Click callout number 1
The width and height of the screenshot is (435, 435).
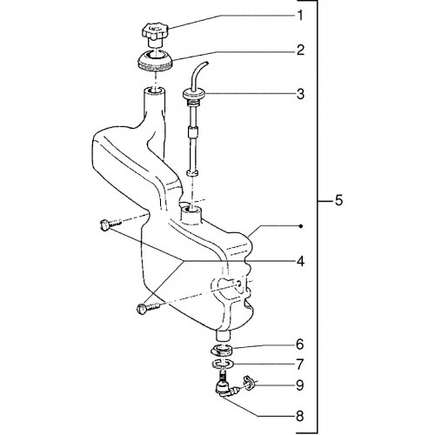[300, 16]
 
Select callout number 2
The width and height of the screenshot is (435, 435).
[300, 50]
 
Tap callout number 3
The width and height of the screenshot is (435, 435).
[300, 94]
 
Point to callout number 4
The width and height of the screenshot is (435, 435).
[300, 261]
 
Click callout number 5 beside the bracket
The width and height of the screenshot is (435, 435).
[338, 200]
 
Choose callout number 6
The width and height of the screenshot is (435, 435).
[300, 345]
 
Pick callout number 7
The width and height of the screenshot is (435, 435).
[300, 365]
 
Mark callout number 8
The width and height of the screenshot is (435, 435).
[300, 417]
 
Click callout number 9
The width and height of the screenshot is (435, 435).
[300, 385]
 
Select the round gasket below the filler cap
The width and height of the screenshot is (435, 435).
[155, 60]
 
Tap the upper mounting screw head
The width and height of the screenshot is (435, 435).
[104, 225]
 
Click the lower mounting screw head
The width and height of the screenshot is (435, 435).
[141, 308]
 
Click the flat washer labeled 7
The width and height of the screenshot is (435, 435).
[222, 363]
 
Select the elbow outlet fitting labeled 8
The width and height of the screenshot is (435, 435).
[225, 386]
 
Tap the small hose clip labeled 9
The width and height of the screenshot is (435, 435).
[250, 383]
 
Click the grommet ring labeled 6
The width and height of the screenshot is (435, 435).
[222, 349]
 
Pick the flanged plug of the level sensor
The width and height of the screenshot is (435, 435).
[195, 95]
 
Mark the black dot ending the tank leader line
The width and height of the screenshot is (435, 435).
[301, 226]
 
